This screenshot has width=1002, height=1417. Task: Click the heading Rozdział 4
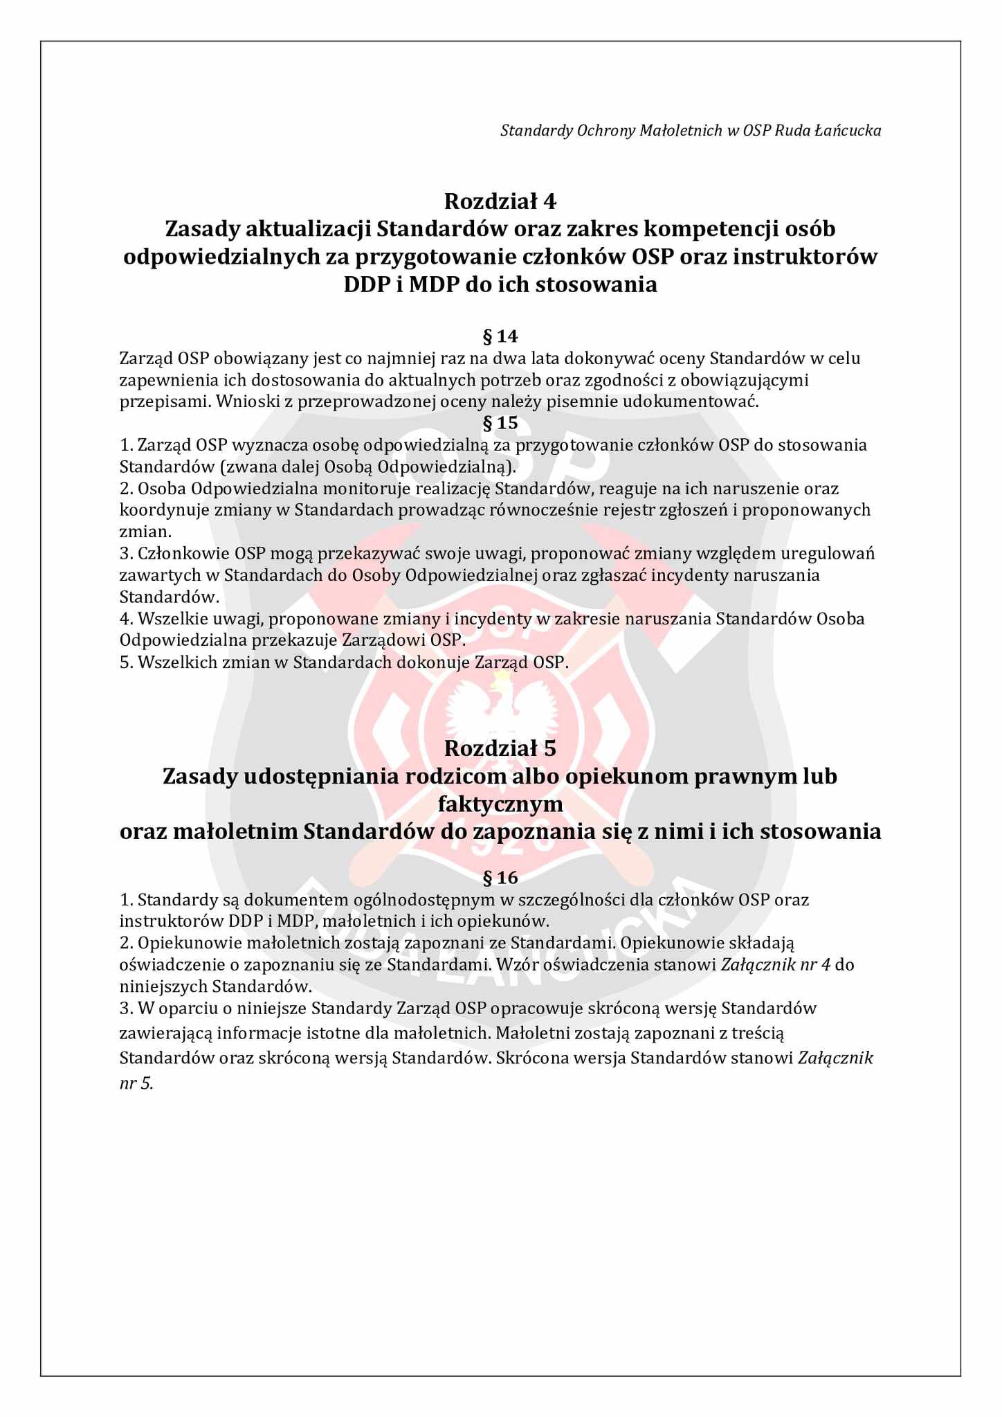click(x=500, y=201)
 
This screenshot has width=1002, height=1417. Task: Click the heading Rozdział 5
click(x=500, y=748)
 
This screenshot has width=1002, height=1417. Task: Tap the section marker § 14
click(x=500, y=336)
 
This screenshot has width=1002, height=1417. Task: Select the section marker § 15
click(x=500, y=422)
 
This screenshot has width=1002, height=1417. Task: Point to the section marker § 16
click(x=500, y=878)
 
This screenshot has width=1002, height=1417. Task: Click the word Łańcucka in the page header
click(x=854, y=130)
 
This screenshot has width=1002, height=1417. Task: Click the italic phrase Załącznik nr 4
click(x=775, y=964)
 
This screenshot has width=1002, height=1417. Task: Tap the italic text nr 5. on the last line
click(x=136, y=1083)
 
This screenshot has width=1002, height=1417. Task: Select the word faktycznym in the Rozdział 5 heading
click(x=500, y=804)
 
